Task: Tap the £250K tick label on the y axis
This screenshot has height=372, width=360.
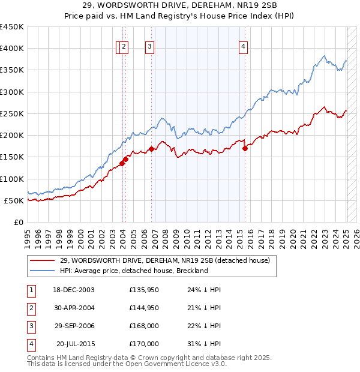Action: (x=12, y=113)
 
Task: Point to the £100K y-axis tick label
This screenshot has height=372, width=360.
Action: (x=12, y=179)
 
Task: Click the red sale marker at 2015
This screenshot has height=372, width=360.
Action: (x=245, y=149)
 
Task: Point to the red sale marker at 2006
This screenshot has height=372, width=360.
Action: (x=151, y=149)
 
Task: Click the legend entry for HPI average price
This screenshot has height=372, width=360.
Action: (x=133, y=271)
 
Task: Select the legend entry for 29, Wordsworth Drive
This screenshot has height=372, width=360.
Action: (x=164, y=260)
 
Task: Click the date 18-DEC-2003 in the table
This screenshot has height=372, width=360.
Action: (x=74, y=289)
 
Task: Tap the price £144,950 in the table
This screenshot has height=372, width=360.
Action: (x=143, y=308)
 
